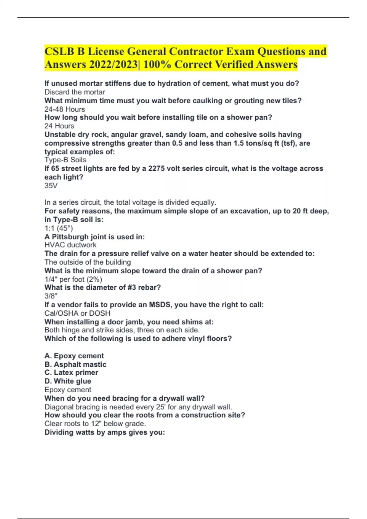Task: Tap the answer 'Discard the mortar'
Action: pyautogui.click(x=75, y=92)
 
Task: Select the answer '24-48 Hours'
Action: pyautogui.click(x=65, y=109)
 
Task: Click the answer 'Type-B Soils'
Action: pyautogui.click(x=65, y=160)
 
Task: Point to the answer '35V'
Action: pyautogui.click(x=51, y=185)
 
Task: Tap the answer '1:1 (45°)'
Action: pyautogui.click(x=59, y=228)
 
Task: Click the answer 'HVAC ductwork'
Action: pyautogui.click(x=70, y=245)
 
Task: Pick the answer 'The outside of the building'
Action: pyautogui.click(x=87, y=262)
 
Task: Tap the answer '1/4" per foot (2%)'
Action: pyautogui.click(x=73, y=279)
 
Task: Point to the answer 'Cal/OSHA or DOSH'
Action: pyautogui.click(x=77, y=313)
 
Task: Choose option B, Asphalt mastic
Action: pyautogui.click(x=75, y=364)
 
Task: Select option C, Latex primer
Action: pyautogui.click(x=71, y=372)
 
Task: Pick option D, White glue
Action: pyautogui.click(x=68, y=381)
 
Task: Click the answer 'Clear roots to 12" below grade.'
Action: pyautogui.click(x=95, y=423)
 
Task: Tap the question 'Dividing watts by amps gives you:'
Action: pyautogui.click(x=105, y=432)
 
